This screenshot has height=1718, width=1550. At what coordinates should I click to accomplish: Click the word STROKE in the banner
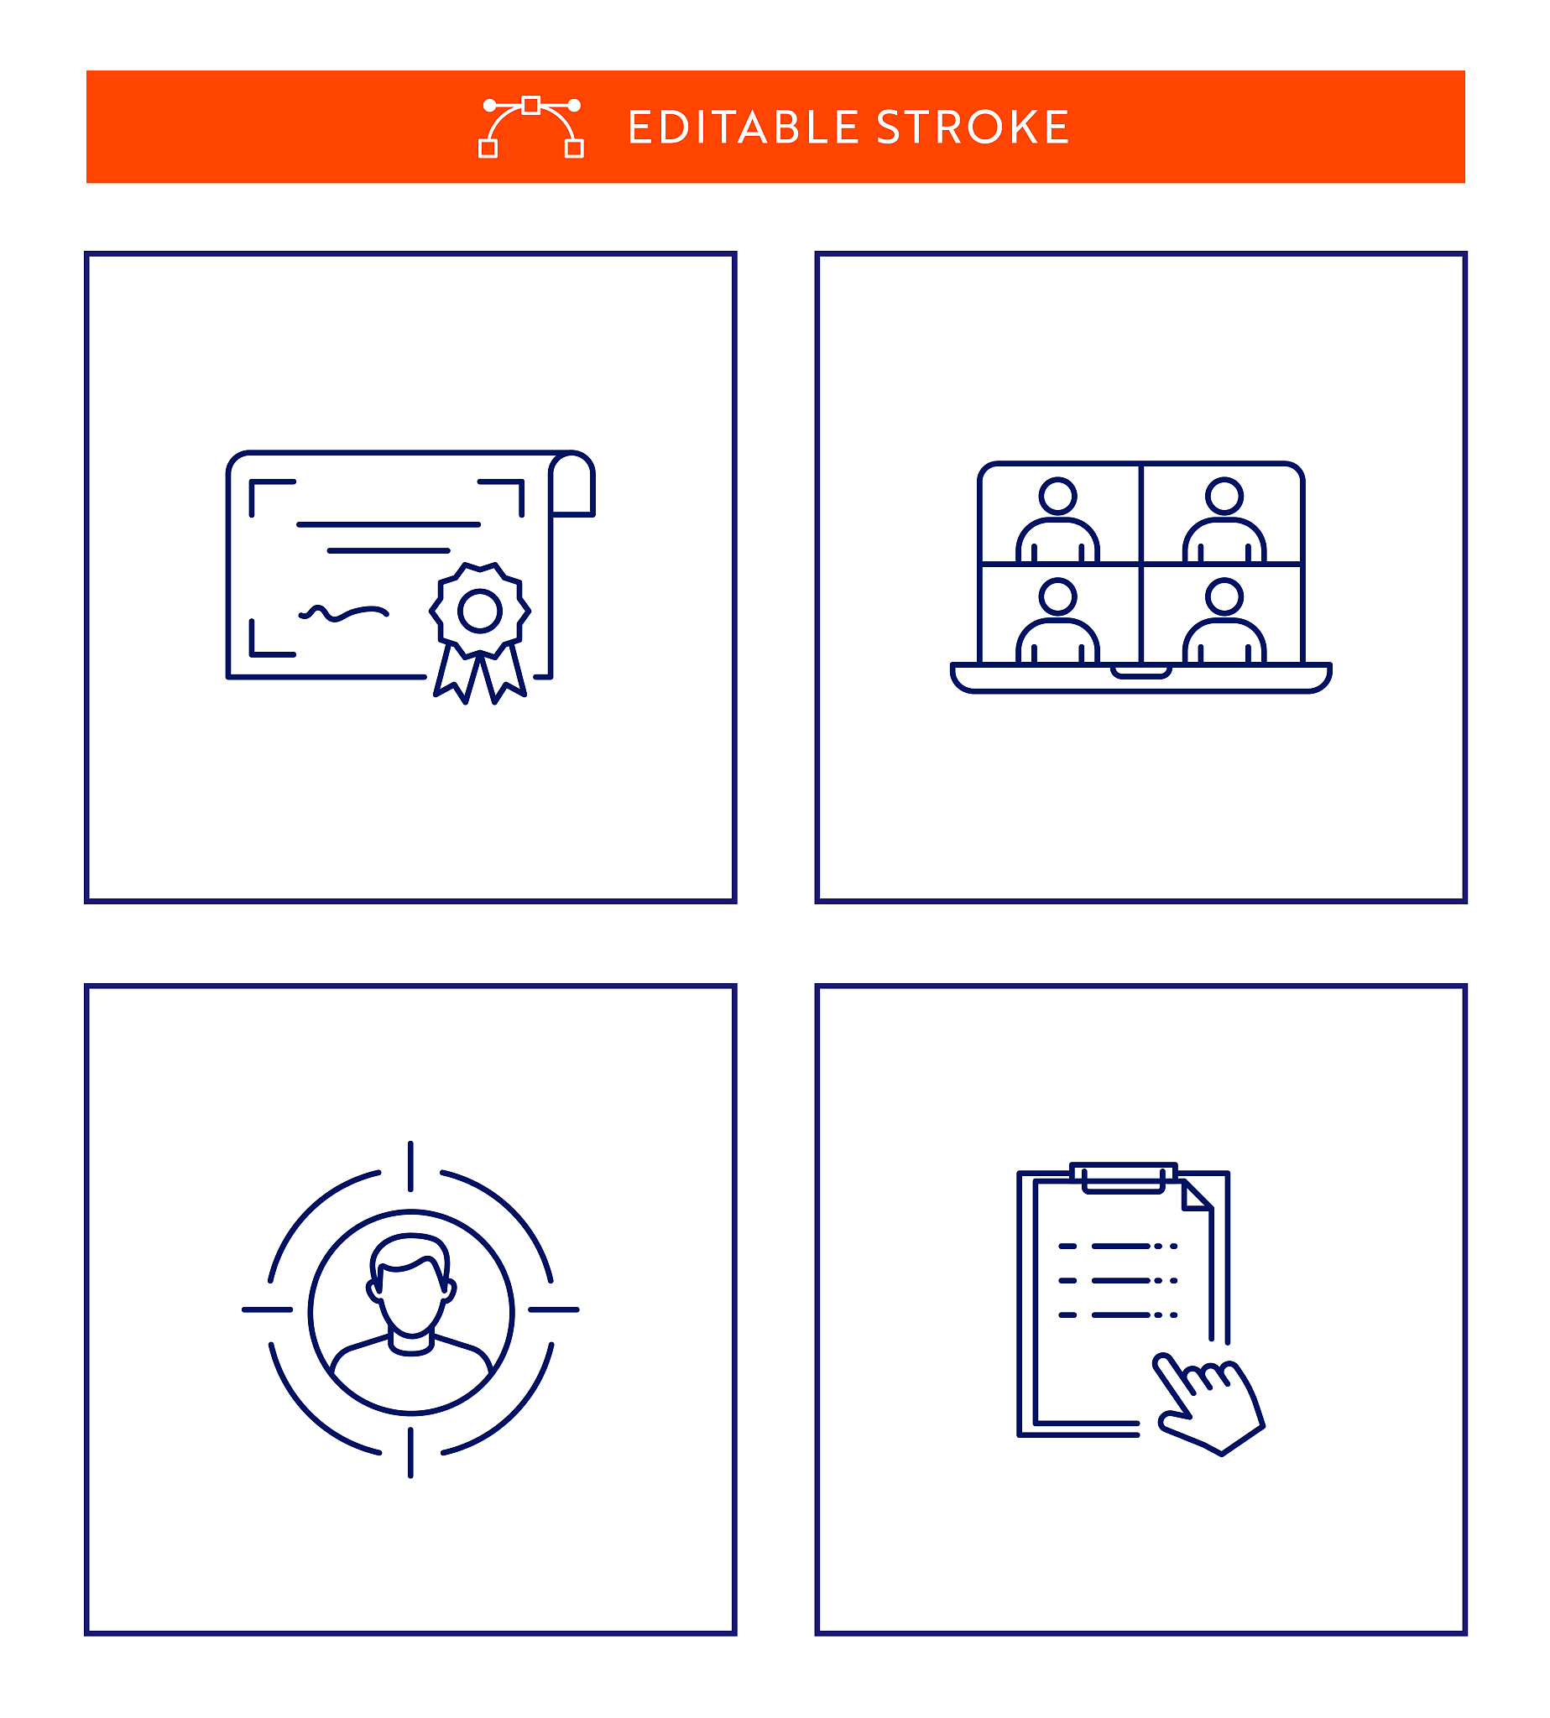coord(973,128)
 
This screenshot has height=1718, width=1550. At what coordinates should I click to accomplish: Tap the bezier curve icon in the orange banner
coord(530,127)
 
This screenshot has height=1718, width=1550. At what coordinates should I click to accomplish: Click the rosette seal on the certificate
coord(479,633)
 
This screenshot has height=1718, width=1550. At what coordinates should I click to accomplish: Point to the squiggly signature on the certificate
coord(344,612)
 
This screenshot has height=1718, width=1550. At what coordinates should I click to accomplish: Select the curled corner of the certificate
coord(571,483)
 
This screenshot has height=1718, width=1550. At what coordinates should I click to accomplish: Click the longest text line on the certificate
coord(389,524)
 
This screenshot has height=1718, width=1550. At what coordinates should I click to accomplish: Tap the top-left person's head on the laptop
coord(1057,496)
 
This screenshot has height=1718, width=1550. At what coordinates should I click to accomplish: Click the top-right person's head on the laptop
coord(1224,496)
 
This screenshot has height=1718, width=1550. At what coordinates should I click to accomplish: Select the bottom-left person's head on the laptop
coord(1057,596)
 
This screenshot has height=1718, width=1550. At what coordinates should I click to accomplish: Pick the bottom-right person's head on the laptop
coord(1224,596)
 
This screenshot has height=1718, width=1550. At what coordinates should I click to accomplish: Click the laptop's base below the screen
coord(1140,678)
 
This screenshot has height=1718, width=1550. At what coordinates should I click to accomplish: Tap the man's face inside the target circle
coord(411,1286)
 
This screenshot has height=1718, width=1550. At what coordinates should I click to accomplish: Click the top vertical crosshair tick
coord(410,1166)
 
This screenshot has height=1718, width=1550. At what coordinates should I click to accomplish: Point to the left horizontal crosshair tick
coord(268,1309)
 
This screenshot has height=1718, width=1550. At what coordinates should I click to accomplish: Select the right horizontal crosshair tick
coord(554,1309)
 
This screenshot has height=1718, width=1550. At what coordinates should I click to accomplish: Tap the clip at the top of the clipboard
coord(1124,1178)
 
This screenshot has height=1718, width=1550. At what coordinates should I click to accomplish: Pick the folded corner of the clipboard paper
coord(1197,1195)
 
